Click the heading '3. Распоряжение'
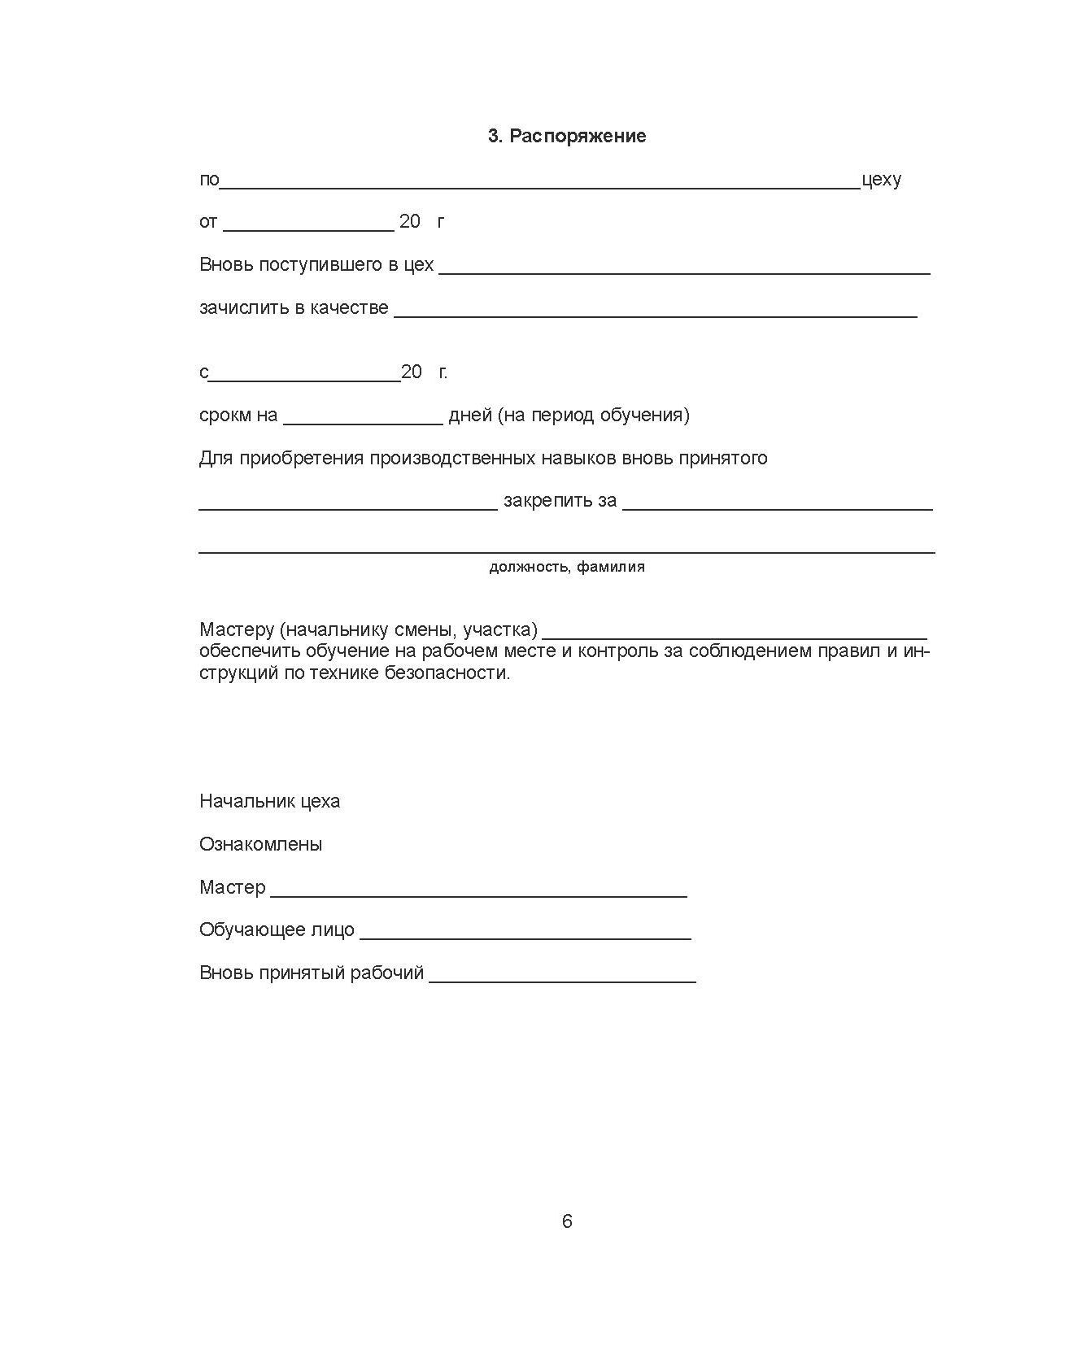[x=567, y=137]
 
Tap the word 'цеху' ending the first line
[x=881, y=180]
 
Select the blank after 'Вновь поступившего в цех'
[x=684, y=270]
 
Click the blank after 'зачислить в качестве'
[x=656, y=313]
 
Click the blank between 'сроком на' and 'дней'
[x=363, y=420]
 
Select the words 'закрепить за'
[x=560, y=501]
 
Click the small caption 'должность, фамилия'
[x=567, y=567]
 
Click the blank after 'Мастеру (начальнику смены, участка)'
[x=735, y=635]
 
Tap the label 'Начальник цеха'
[x=269, y=802]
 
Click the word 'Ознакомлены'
[x=260, y=845]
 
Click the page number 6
[x=567, y=1221]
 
